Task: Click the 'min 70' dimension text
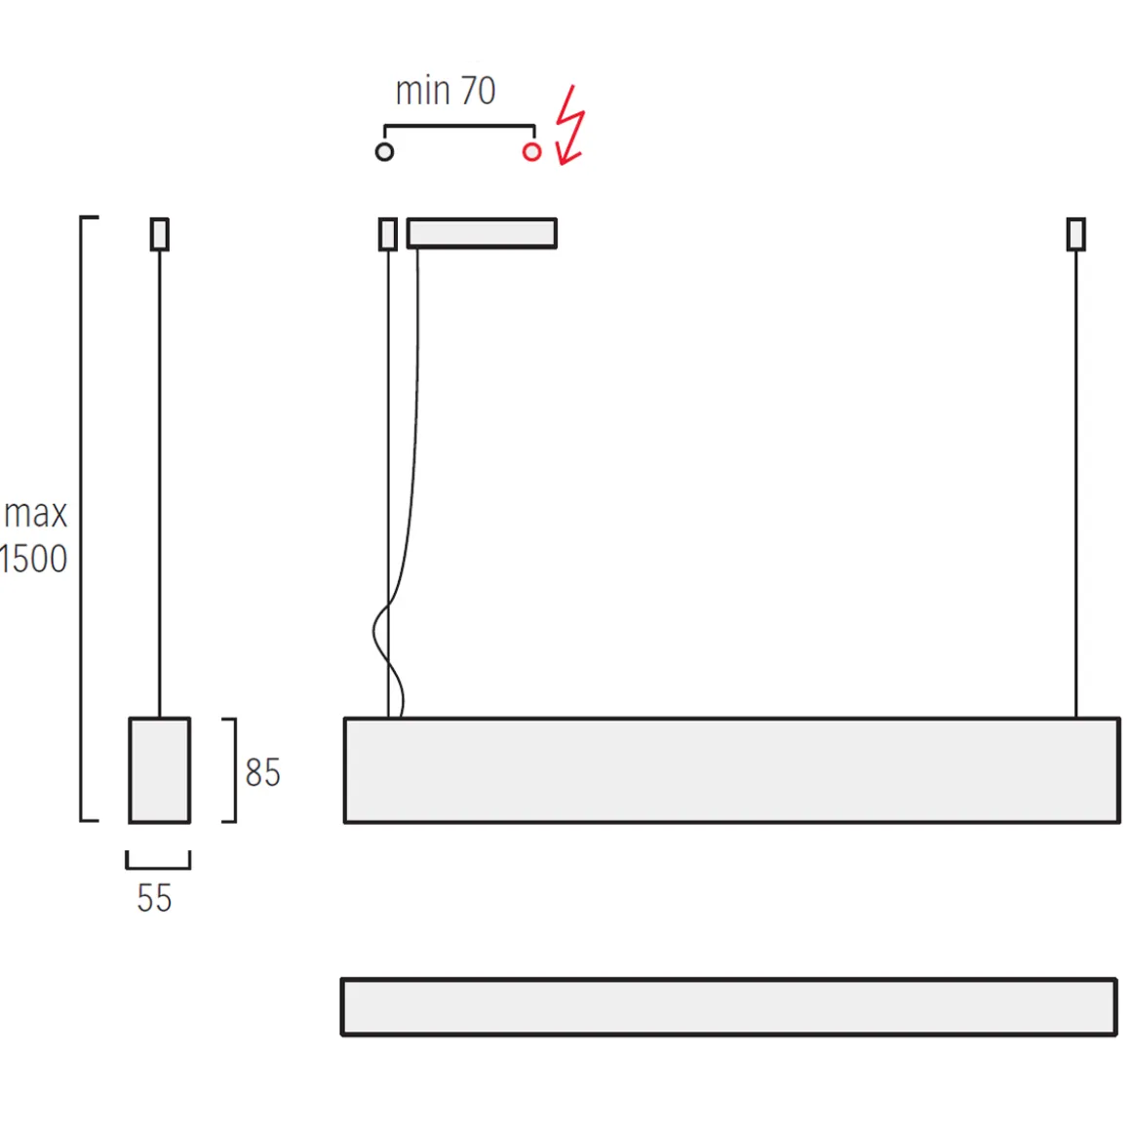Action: (x=446, y=91)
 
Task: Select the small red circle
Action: (x=531, y=152)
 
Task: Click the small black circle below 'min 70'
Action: (x=384, y=152)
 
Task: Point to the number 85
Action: (x=262, y=773)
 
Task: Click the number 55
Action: (x=154, y=898)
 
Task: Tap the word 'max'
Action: (x=36, y=514)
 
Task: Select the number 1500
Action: (x=34, y=560)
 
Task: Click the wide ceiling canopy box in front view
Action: (x=482, y=233)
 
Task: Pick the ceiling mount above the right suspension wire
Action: (x=1075, y=234)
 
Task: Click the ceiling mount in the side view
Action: (x=160, y=234)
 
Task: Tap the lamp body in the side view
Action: (x=160, y=770)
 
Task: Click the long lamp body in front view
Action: (x=731, y=770)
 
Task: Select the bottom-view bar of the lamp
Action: (x=728, y=1006)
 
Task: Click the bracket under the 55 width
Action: (x=158, y=865)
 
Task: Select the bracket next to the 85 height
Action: (x=232, y=770)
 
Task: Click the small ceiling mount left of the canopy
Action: (x=388, y=234)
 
